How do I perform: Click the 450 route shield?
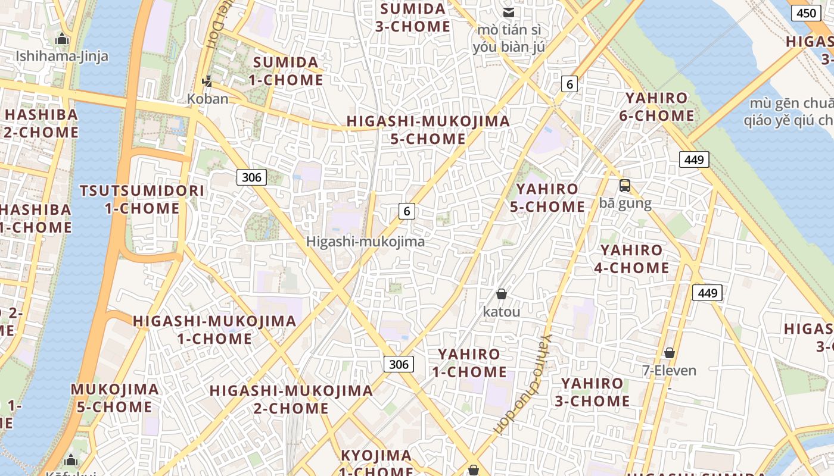(807, 12)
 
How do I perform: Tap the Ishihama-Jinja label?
(62, 57)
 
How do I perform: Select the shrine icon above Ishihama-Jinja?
(62, 40)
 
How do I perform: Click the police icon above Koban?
(207, 81)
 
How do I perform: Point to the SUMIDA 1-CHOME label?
(286, 71)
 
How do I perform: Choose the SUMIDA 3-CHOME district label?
(413, 18)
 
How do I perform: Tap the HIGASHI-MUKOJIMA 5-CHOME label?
(428, 130)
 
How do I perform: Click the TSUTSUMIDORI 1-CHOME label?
(142, 199)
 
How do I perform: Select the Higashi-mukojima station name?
(365, 242)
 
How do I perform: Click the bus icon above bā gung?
(624, 186)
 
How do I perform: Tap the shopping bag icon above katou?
(501, 294)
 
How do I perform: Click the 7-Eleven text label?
(669, 371)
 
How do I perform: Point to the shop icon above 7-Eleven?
(669, 353)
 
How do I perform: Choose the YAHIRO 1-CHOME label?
(469, 363)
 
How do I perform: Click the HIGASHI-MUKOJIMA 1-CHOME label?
(214, 330)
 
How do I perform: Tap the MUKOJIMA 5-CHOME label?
(114, 398)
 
